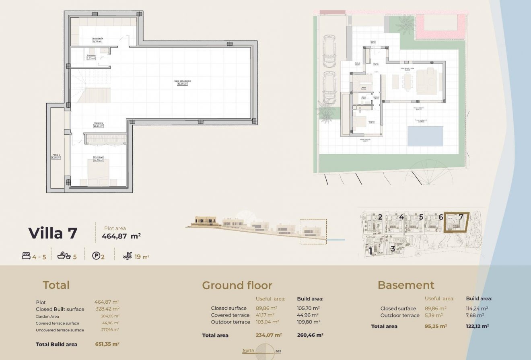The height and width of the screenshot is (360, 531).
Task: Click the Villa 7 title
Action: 52,233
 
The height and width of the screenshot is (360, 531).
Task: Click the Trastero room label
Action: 91,57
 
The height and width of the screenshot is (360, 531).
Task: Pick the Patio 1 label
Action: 56,156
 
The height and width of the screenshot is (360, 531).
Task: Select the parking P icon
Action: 96,256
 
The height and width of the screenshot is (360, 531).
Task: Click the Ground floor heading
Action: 237,286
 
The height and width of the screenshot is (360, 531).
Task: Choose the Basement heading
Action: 406,286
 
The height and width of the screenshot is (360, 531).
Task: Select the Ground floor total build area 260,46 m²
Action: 310,335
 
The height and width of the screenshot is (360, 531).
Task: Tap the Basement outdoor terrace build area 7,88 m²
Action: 475,315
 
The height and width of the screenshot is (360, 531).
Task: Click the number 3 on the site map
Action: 393,248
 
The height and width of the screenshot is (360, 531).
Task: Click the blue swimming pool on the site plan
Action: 425,136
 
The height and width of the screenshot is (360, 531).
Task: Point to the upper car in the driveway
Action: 329,51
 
